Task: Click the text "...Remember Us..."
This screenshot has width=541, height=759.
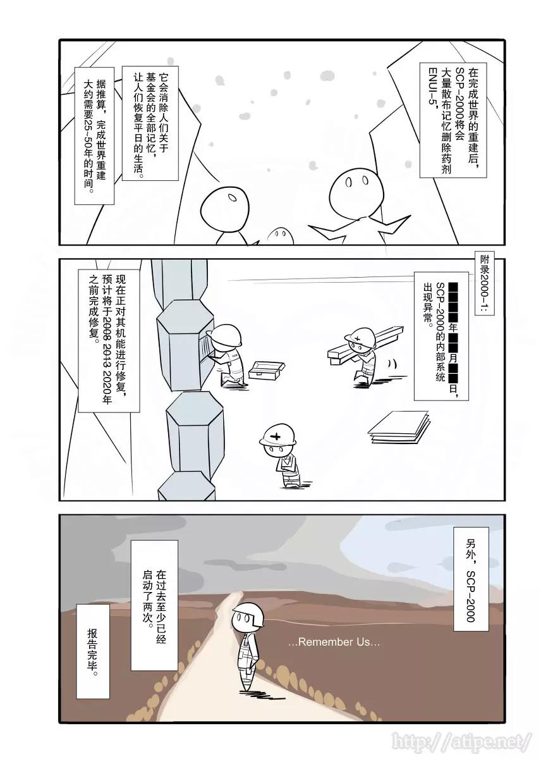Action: [334, 642]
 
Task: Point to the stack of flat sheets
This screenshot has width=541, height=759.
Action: [399, 426]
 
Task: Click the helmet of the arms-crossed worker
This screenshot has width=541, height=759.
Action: [277, 433]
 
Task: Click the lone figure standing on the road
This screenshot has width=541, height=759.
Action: [247, 645]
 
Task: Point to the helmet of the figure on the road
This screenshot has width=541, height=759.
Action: [248, 614]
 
